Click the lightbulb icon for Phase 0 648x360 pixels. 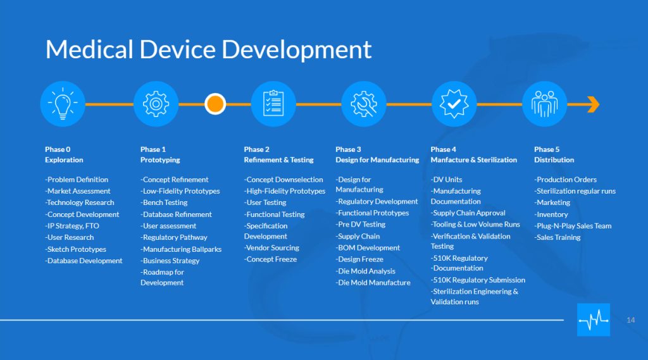click(x=63, y=104)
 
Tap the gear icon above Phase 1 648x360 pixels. click(x=156, y=104)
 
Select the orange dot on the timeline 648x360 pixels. click(x=215, y=104)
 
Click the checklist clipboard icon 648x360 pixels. click(x=273, y=104)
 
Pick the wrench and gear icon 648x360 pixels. click(x=364, y=104)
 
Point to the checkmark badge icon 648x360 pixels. click(x=454, y=104)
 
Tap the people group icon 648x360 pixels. click(x=544, y=104)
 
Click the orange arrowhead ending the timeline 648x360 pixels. click(x=594, y=104)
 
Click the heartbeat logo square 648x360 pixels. click(x=594, y=320)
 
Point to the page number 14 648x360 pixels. click(x=631, y=320)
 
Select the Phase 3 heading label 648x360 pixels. click(x=377, y=154)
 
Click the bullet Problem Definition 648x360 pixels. click(x=77, y=180)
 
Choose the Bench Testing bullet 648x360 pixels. click(x=164, y=202)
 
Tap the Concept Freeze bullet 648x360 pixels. click(x=270, y=259)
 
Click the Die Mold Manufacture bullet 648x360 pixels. click(x=373, y=283)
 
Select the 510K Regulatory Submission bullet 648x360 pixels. click(x=478, y=280)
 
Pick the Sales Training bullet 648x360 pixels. click(x=557, y=237)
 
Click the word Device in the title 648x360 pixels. click(x=177, y=49)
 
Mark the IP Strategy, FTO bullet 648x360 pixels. click(x=72, y=226)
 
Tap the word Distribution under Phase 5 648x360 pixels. click(x=554, y=160)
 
